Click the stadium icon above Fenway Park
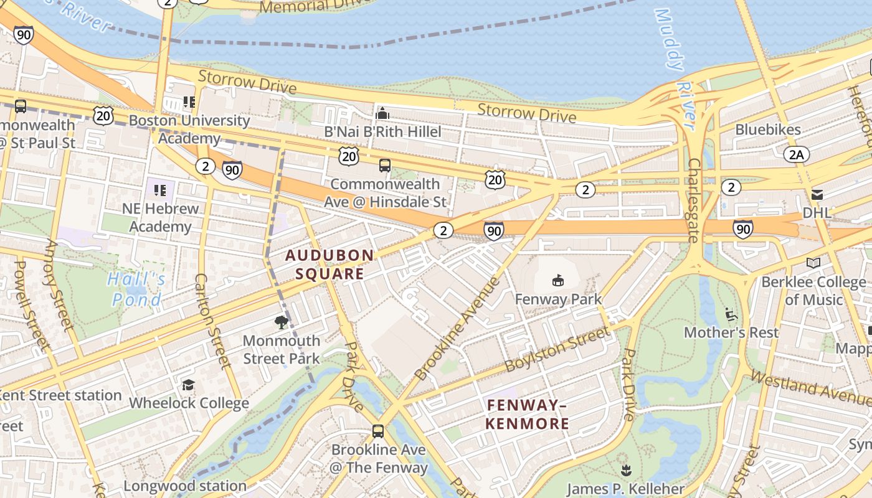tap(557, 281)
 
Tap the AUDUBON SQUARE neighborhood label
tap(329, 265)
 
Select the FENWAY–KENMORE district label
tap(528, 415)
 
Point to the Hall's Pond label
tap(136, 289)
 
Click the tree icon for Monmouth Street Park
tap(282, 322)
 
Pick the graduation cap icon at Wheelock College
tap(188, 385)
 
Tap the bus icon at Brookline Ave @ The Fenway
tap(377, 431)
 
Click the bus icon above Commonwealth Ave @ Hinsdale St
tap(385, 166)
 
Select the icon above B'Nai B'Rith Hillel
tap(382, 113)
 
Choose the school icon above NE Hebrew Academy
tap(160, 190)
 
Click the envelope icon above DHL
tap(817, 195)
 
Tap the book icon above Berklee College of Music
tap(813, 263)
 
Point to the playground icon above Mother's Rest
tap(731, 314)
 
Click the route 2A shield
tap(797, 155)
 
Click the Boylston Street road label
tap(557, 349)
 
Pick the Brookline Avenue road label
tap(457, 329)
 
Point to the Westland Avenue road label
tap(810, 386)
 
